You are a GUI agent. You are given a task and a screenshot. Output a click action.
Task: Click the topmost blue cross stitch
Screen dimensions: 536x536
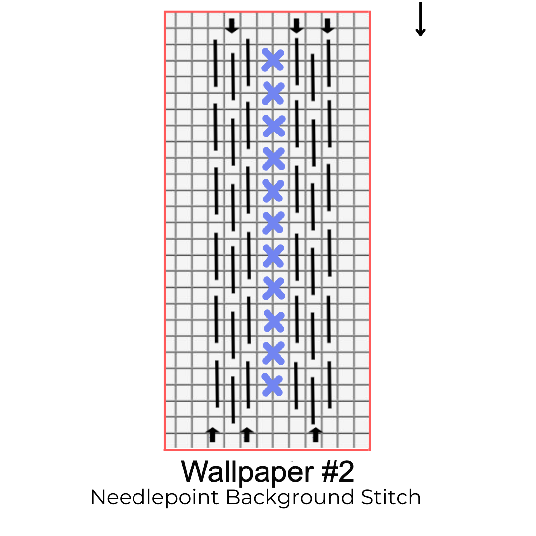pyautogui.click(x=272, y=60)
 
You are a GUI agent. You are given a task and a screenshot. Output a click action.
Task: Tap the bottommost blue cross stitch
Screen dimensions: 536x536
pyautogui.click(x=272, y=385)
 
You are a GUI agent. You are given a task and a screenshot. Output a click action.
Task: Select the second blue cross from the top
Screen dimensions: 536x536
pyautogui.click(x=273, y=93)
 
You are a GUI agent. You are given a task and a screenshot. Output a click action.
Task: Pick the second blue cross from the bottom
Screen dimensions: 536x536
pyautogui.click(x=273, y=353)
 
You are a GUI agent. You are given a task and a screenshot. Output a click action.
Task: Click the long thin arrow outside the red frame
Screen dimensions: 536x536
pyautogui.click(x=420, y=20)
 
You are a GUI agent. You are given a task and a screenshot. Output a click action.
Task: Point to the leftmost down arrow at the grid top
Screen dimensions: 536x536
pyautogui.click(x=231, y=26)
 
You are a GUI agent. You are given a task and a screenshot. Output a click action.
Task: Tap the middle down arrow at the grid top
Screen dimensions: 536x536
pyautogui.click(x=296, y=26)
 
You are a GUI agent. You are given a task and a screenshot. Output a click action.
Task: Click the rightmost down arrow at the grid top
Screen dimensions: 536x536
pyautogui.click(x=327, y=26)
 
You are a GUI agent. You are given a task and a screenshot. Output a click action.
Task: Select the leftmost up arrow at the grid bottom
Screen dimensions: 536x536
pyautogui.click(x=213, y=434)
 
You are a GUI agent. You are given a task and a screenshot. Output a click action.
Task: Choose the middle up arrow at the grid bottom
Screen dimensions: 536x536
pyautogui.click(x=247, y=434)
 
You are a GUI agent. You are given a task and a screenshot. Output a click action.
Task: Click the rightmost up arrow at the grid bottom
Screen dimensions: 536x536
pyautogui.click(x=315, y=434)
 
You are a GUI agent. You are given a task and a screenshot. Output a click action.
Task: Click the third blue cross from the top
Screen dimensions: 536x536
pyautogui.click(x=273, y=126)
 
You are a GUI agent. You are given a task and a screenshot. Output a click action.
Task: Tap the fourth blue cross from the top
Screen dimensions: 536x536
pyautogui.click(x=273, y=158)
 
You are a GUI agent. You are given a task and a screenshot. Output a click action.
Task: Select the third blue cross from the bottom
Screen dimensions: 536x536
pyautogui.click(x=273, y=321)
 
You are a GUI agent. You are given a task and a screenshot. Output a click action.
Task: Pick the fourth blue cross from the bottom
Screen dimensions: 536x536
pyautogui.click(x=273, y=288)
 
